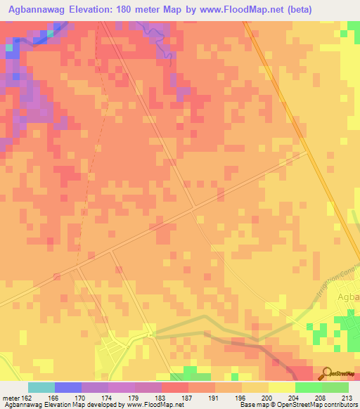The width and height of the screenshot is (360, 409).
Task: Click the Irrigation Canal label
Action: pyautogui.click(x=330, y=278)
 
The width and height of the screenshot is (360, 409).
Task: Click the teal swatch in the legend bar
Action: pyautogui.click(x=41, y=387)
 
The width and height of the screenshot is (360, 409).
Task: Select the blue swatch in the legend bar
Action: pyautogui.click(x=68, y=387)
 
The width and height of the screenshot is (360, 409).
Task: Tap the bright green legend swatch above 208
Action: pyautogui.click(x=309, y=387)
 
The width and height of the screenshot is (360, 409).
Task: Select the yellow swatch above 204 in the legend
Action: pyautogui.click(x=282, y=387)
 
